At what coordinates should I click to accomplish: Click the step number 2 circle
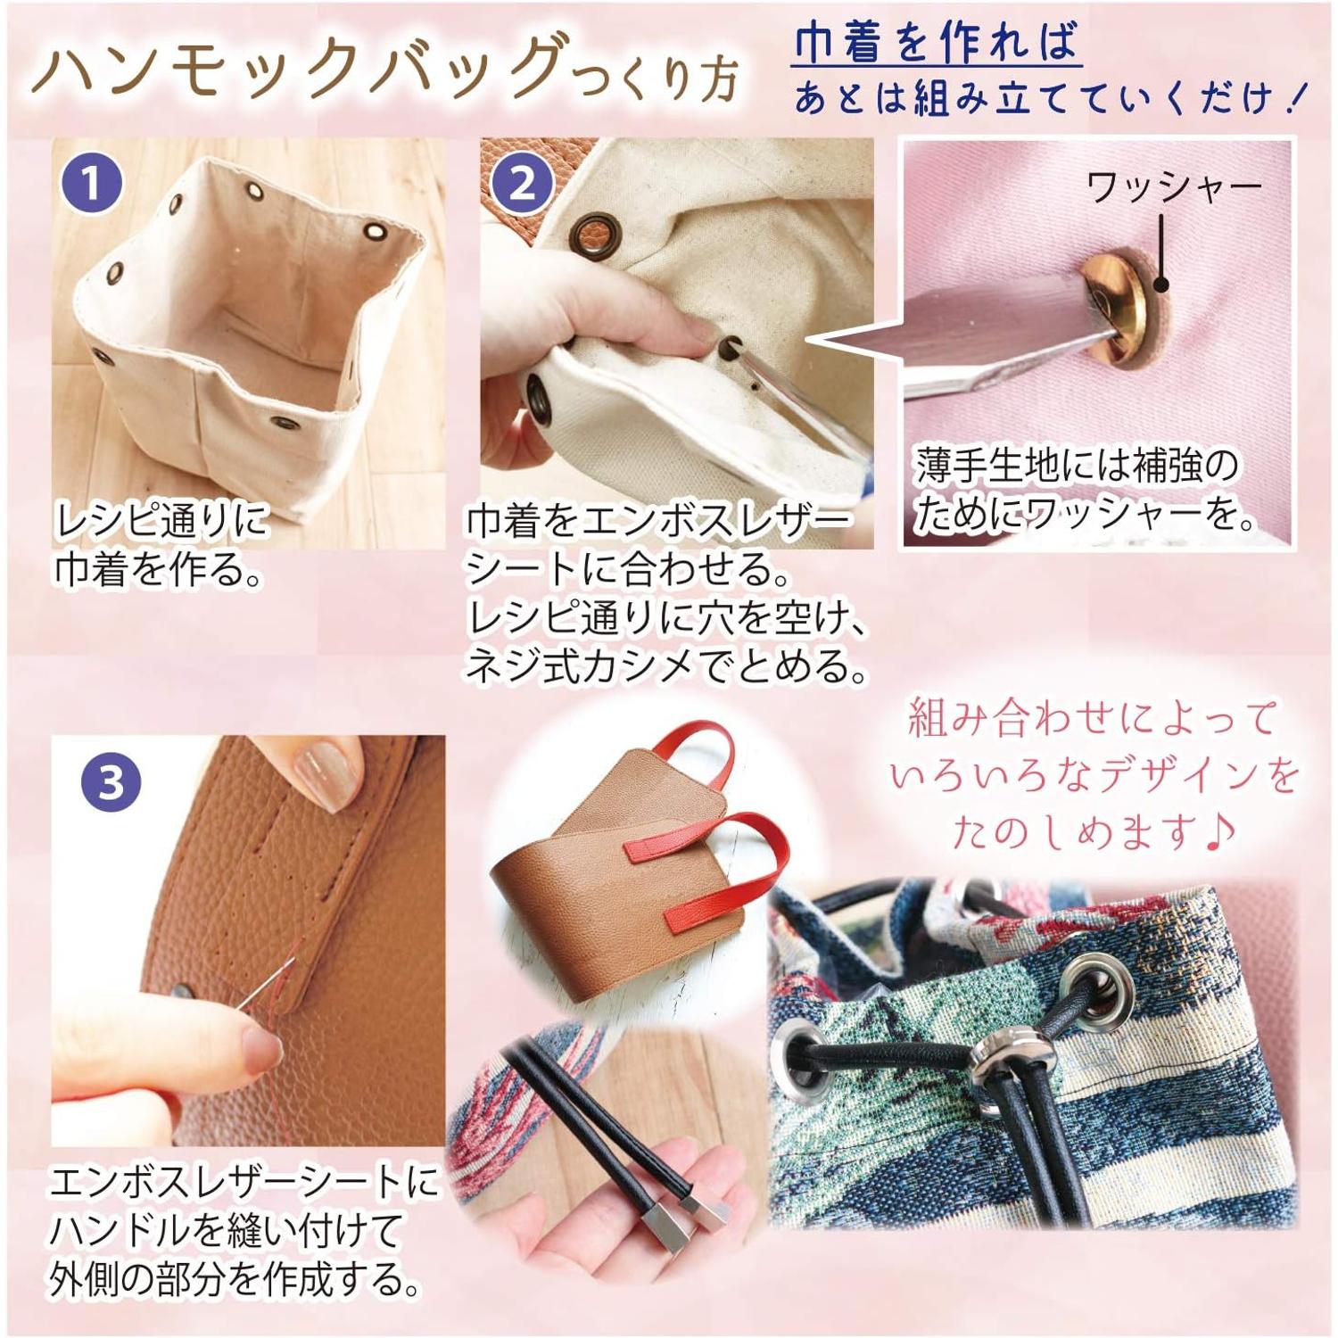click(x=522, y=185)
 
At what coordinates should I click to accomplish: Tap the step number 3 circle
click(x=111, y=781)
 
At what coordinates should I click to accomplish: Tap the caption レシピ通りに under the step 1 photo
click(x=161, y=520)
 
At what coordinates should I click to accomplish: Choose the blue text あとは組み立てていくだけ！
click(x=1049, y=97)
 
